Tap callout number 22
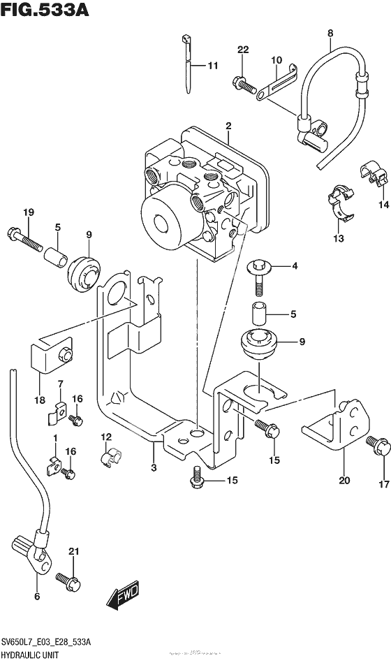(x=242, y=49)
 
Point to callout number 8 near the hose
(x=330, y=32)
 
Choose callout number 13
(x=339, y=239)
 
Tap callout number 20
(x=344, y=480)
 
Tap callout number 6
(x=36, y=596)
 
